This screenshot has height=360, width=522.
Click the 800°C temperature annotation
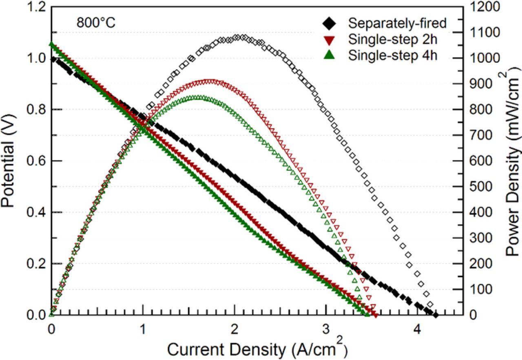[96, 23]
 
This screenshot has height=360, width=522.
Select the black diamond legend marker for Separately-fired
[329, 24]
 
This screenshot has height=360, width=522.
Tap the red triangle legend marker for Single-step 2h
[329, 40]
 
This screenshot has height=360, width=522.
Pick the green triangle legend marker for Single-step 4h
[329, 55]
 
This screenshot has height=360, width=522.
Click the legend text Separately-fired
[397, 24]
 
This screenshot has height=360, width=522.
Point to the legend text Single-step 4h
[392, 55]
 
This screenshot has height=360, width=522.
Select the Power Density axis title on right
[512, 161]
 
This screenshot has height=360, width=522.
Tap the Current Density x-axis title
[257, 349]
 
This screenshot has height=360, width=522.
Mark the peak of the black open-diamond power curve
[244, 37]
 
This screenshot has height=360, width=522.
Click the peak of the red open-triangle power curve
[210, 82]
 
